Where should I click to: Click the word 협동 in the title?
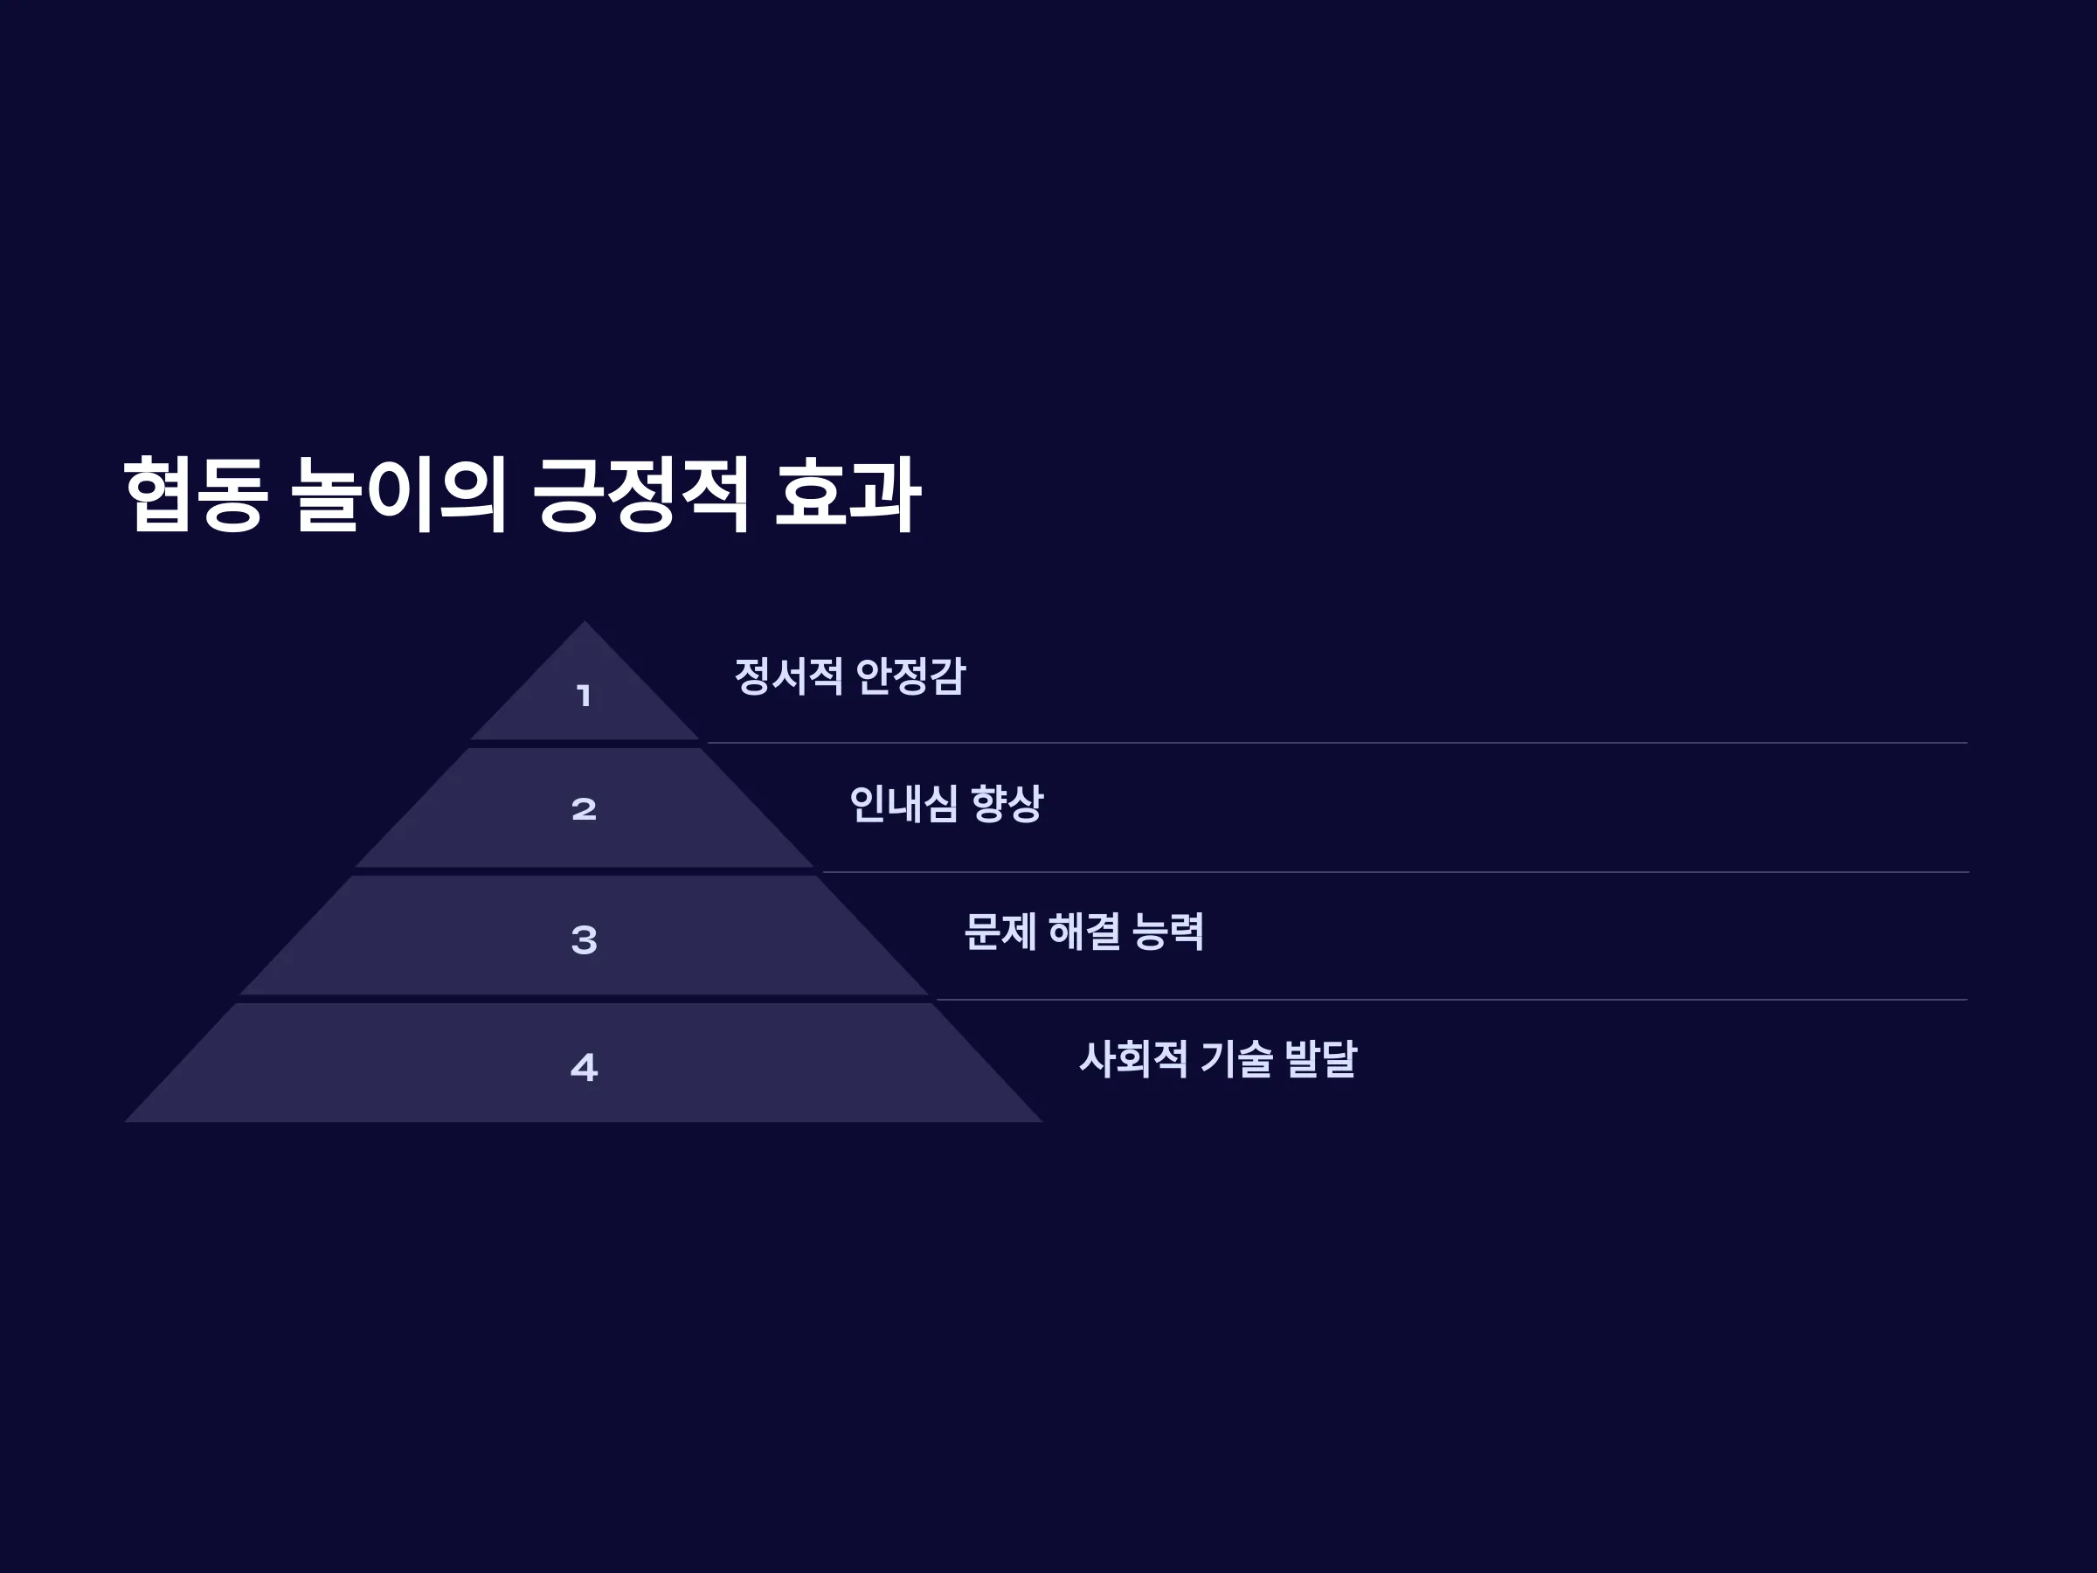(196, 494)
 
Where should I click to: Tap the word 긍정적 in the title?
(640, 494)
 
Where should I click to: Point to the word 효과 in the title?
(848, 494)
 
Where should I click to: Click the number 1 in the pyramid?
(584, 696)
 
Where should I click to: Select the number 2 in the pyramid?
(584, 808)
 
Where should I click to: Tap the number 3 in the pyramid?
(584, 939)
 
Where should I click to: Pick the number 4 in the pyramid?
(584, 1068)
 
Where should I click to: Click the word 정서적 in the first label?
(789, 676)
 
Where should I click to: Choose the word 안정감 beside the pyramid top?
(910, 676)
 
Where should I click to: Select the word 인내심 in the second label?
(903, 804)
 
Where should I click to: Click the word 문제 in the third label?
(1000, 931)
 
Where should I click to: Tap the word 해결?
(1084, 931)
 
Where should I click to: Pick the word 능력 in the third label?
(1169, 931)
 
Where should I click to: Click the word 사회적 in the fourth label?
(1134, 1059)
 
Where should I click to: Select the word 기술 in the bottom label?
(1236, 1059)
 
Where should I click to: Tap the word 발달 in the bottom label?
(1320, 1059)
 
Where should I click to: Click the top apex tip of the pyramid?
(584, 621)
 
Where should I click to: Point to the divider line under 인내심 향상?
(1395, 871)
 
